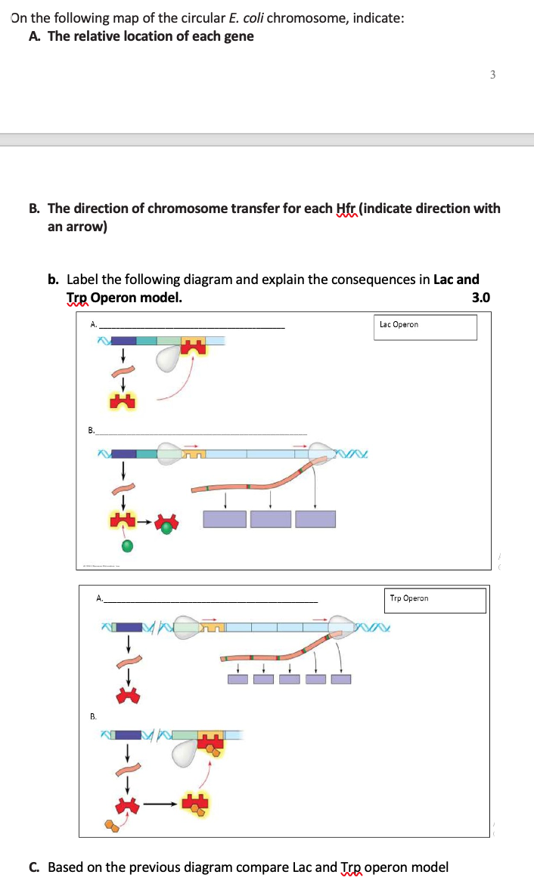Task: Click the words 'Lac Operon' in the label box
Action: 399,325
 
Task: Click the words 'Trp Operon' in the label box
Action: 409,598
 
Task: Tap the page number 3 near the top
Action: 492,75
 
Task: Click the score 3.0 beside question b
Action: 481,298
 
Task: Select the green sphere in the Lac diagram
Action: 128,545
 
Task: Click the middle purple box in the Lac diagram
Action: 271,519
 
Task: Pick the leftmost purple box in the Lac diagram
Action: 225,519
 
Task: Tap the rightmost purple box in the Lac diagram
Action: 315,519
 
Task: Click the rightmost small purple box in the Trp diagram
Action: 341,679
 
